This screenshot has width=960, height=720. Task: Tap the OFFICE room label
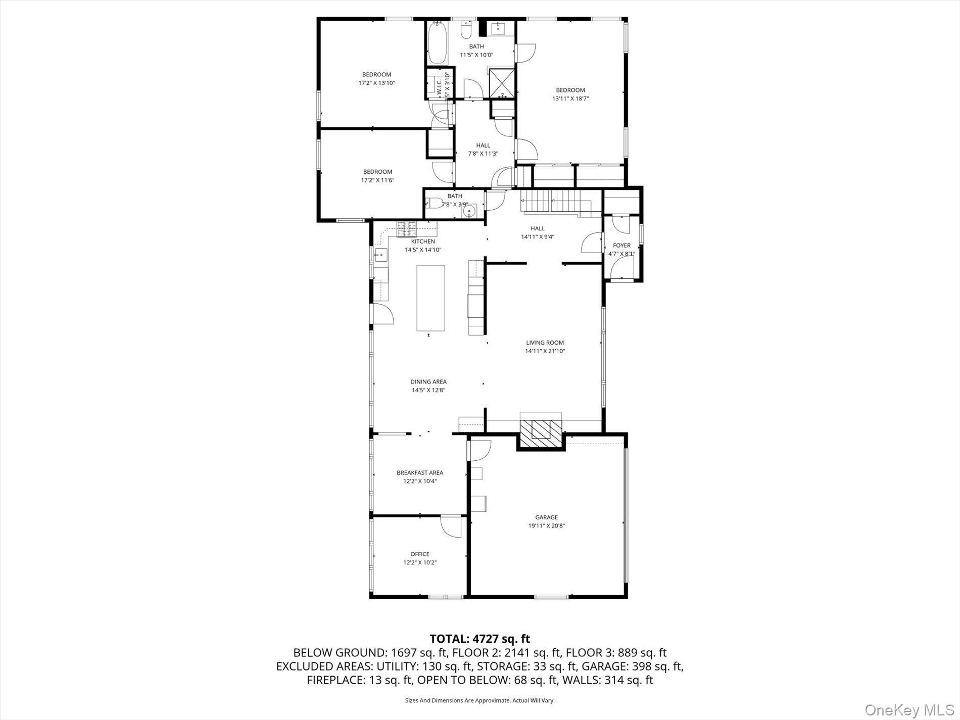click(419, 554)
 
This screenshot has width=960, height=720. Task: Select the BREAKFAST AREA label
click(420, 472)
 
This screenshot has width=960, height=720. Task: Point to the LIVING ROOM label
click(545, 343)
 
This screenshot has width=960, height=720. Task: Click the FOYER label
click(621, 246)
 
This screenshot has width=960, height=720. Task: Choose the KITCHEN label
click(423, 242)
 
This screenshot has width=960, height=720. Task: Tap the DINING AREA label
click(428, 381)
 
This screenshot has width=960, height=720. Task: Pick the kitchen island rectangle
click(430, 298)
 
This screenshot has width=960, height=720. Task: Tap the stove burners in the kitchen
click(406, 229)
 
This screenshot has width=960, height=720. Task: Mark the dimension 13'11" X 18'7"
click(570, 99)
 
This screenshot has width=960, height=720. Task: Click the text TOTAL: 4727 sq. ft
click(479, 639)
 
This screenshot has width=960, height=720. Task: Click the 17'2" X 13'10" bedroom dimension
click(376, 83)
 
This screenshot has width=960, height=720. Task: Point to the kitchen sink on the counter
click(380, 256)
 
